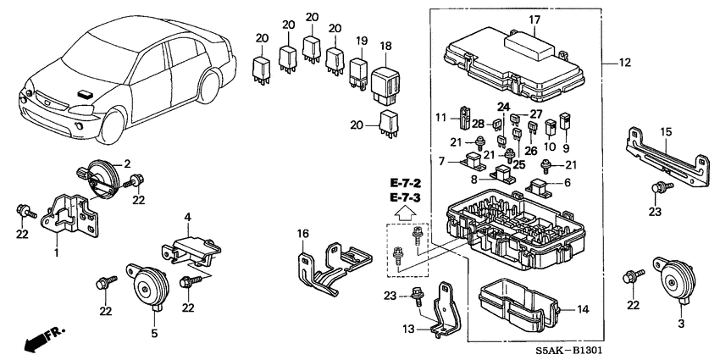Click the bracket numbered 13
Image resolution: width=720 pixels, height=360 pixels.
442,313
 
